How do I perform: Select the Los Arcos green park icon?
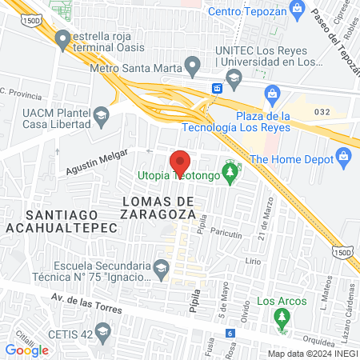281,320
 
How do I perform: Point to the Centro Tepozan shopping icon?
297,11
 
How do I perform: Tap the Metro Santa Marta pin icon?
192,63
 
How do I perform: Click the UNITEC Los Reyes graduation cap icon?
234,77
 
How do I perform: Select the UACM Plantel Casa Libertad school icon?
101,117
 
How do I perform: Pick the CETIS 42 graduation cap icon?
102,330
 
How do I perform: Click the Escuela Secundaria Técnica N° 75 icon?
161,267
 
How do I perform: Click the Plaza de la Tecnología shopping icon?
272,94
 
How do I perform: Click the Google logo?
27,350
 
